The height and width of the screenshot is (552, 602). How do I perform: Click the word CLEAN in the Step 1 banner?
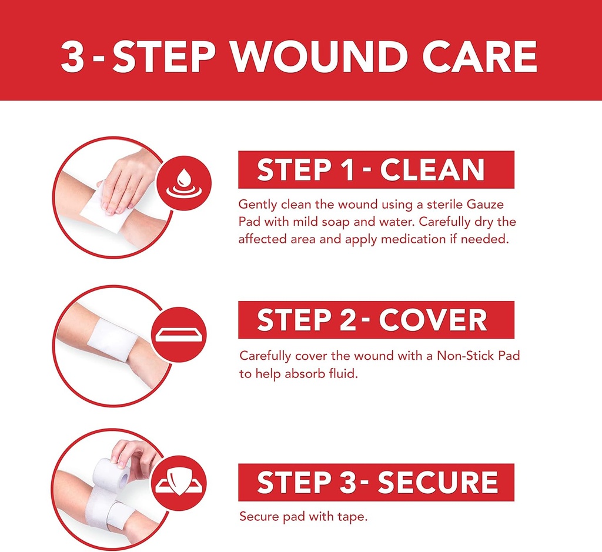(x=432, y=170)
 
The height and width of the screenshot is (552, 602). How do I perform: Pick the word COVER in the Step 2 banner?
(x=433, y=320)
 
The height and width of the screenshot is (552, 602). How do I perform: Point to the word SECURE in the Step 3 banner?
(x=437, y=483)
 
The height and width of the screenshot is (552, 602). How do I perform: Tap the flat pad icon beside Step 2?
(x=179, y=334)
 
